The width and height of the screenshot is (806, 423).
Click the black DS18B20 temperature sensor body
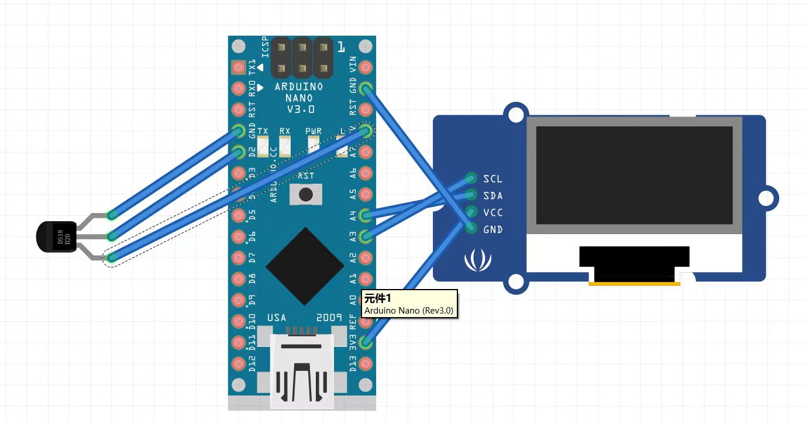[x=56, y=237]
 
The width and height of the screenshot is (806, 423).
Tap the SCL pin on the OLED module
[x=471, y=178]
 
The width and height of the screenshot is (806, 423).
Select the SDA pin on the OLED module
[x=471, y=195]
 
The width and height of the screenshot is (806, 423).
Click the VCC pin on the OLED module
[x=471, y=212]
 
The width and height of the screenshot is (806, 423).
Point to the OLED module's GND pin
[x=471, y=229]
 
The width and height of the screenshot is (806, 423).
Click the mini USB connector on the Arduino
[x=301, y=369]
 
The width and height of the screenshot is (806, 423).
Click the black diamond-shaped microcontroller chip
[x=305, y=266]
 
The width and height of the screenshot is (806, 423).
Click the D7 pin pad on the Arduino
[x=239, y=258]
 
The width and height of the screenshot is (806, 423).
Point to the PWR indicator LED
[x=314, y=143]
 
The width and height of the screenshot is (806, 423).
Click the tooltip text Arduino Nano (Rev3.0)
[x=408, y=310]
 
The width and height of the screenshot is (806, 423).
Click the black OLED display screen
[x=635, y=176]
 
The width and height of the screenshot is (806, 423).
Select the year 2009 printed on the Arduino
[x=329, y=318]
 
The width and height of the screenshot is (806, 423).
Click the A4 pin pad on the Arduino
[x=366, y=215]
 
